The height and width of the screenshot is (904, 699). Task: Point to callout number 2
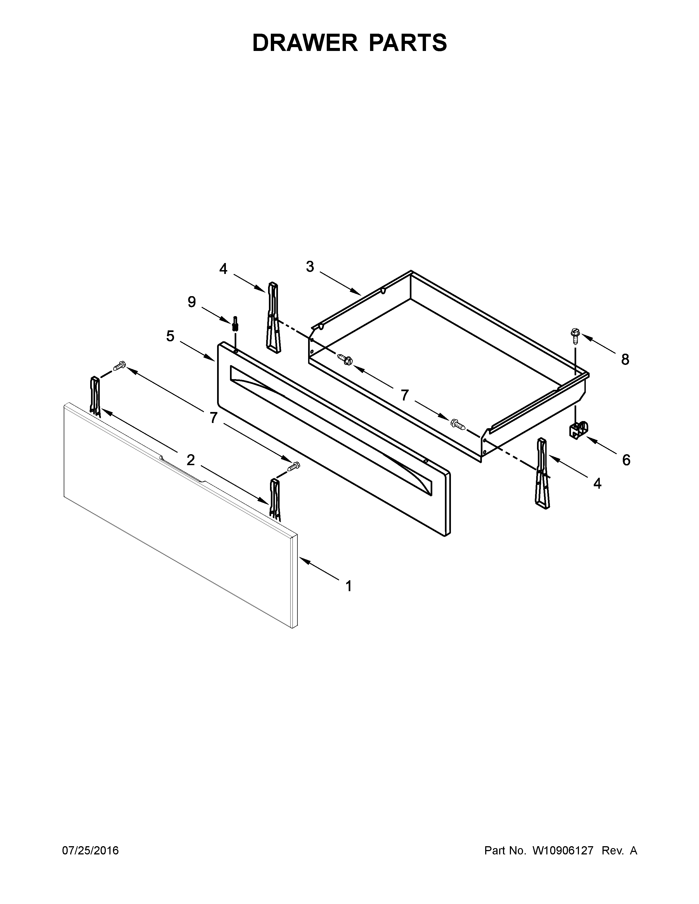tap(191, 459)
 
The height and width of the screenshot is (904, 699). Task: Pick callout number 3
tap(310, 267)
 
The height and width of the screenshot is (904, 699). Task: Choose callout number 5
tap(170, 336)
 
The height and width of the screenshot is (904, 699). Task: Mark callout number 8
tap(625, 360)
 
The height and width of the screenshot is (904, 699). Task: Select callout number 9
tap(191, 302)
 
